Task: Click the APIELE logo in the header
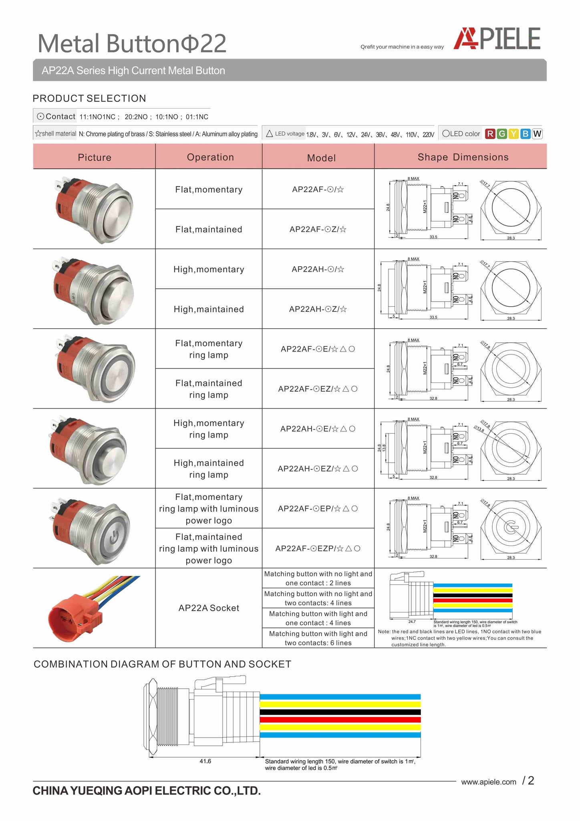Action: [497, 39]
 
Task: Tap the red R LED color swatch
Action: [489, 134]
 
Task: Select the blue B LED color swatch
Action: [525, 134]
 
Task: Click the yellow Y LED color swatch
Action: [513, 134]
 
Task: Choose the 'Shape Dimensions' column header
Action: [463, 157]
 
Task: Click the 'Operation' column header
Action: [210, 157]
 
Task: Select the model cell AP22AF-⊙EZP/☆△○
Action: [318, 548]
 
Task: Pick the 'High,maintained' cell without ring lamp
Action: [209, 309]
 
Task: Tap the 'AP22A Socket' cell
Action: [209, 608]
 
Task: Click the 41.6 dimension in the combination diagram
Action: [205, 761]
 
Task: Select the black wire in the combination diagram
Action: [340, 712]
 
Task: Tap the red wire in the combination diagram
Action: [340, 720]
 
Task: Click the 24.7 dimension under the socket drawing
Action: [412, 622]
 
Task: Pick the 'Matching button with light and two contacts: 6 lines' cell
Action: [318, 638]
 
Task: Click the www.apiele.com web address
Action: [488, 782]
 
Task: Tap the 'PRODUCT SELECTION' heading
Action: [89, 98]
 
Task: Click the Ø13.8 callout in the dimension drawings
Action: [479, 429]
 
